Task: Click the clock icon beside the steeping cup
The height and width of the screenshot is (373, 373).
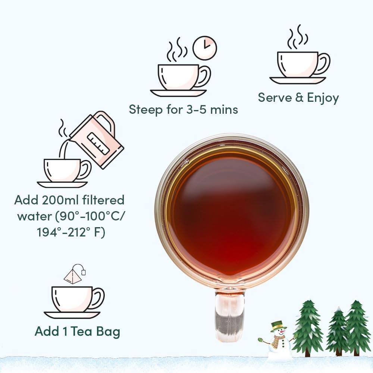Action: [x=204, y=48]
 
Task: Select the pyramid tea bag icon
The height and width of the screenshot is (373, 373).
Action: [x=73, y=276]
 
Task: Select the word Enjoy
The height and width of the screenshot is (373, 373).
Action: [x=323, y=98]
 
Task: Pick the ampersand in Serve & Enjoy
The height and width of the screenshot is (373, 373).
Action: [x=299, y=98]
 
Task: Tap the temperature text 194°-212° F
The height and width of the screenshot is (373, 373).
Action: [x=71, y=232]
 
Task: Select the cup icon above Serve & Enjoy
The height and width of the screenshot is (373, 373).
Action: [x=298, y=65]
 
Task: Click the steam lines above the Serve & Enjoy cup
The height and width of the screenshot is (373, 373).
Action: [x=298, y=37]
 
